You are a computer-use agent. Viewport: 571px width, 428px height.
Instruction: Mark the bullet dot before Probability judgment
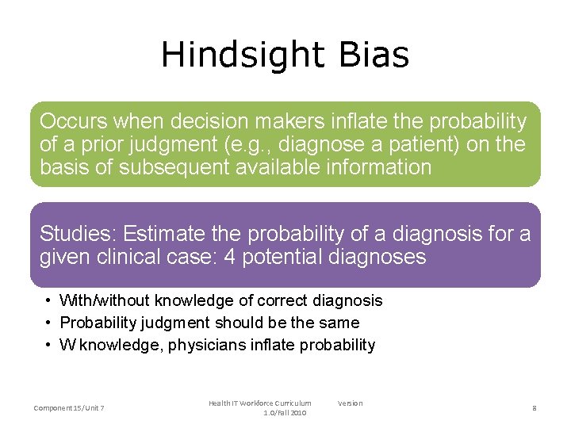[49, 323]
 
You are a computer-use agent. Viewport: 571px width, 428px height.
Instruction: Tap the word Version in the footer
[350, 403]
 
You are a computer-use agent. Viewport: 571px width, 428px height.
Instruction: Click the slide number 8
[535, 408]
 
